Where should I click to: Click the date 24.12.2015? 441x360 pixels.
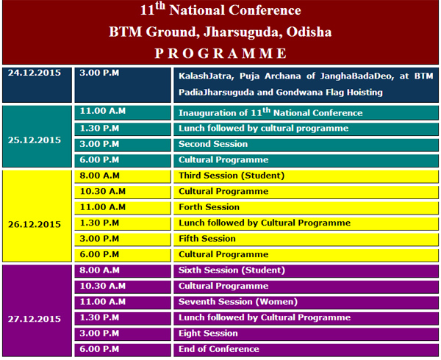pyautogui.click(x=35, y=73)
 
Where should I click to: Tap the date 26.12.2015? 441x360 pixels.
pyautogui.click(x=35, y=224)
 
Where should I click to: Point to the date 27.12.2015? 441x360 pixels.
pyautogui.click(x=35, y=319)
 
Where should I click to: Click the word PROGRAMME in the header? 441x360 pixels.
pyautogui.click(x=220, y=54)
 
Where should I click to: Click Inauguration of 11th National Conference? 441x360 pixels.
pyautogui.click(x=270, y=112)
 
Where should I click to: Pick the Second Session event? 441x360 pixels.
pyautogui.click(x=213, y=144)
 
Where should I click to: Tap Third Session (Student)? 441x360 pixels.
pyautogui.click(x=232, y=176)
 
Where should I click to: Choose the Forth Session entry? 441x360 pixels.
pyautogui.click(x=209, y=207)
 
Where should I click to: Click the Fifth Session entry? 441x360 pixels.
pyautogui.click(x=207, y=239)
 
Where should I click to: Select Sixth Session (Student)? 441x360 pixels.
pyautogui.click(x=232, y=270)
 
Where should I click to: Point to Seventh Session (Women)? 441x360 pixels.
pyautogui.click(x=238, y=302)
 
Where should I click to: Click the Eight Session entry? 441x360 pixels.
pyautogui.click(x=208, y=334)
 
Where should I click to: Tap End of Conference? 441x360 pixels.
pyautogui.click(x=219, y=349)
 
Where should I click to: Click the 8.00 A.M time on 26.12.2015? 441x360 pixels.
pyautogui.click(x=99, y=176)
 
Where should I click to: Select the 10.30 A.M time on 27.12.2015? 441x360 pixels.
pyautogui.click(x=103, y=286)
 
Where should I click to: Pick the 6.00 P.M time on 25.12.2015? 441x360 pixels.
pyautogui.click(x=99, y=160)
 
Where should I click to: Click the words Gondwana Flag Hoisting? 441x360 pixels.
pyautogui.click(x=329, y=93)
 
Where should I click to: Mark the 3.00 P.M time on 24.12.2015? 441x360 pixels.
pyautogui.click(x=99, y=73)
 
